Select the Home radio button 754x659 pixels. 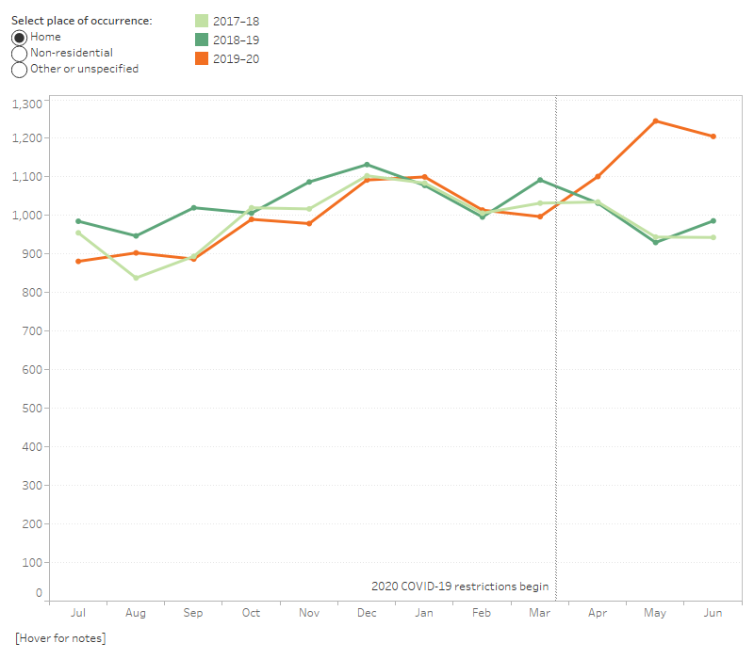click(x=20, y=37)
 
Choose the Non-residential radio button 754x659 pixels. click(x=20, y=53)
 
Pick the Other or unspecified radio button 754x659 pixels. click(x=20, y=69)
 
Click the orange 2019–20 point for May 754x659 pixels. click(x=655, y=121)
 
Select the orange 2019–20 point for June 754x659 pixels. click(x=713, y=137)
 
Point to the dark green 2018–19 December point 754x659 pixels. click(x=367, y=165)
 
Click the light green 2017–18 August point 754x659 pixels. click(x=136, y=278)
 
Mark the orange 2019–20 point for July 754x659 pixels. click(x=78, y=262)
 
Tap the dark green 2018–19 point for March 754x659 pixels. click(x=540, y=180)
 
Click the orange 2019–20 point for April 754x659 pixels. click(x=598, y=176)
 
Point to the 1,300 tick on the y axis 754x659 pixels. click(x=26, y=104)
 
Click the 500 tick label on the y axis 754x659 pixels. click(x=32, y=408)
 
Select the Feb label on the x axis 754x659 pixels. click(x=482, y=613)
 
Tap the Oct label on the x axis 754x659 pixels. click(x=251, y=613)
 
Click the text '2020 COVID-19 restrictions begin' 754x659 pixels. click(x=460, y=586)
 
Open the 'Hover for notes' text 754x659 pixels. click(x=60, y=639)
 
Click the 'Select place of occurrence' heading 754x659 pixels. click(x=81, y=20)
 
